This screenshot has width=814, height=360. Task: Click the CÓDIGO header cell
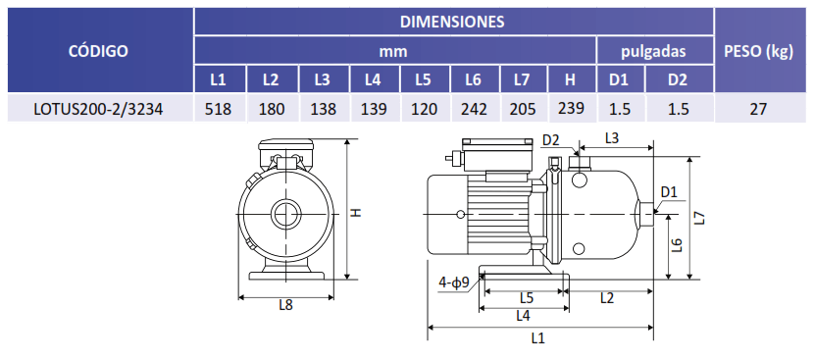(98, 51)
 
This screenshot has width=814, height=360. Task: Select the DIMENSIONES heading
(452, 22)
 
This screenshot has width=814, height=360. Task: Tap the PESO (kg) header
(758, 51)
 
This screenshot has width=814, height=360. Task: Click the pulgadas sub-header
(653, 51)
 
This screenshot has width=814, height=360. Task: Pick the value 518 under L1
(218, 109)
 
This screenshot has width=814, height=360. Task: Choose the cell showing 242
(475, 109)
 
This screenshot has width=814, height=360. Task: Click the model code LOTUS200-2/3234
(98, 109)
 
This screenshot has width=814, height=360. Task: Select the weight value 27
(758, 109)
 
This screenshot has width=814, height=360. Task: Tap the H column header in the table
(570, 79)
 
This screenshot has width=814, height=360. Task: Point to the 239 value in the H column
(572, 108)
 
